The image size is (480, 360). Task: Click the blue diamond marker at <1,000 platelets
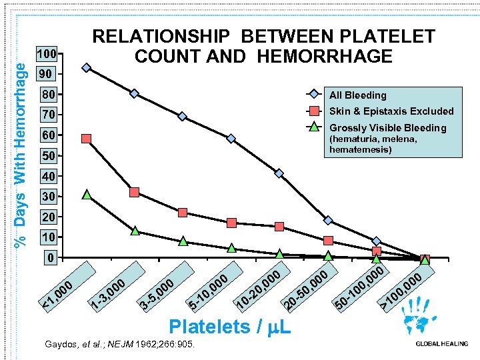[x=86, y=67]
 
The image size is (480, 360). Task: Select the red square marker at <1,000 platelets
[x=86, y=139]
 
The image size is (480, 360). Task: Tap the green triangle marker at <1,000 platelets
[x=86, y=195]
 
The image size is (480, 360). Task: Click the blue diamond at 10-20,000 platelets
[x=279, y=173]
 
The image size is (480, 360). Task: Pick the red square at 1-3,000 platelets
[x=135, y=192]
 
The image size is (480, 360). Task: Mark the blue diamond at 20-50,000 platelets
[x=328, y=220]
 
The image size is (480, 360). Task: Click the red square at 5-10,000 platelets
[x=231, y=223]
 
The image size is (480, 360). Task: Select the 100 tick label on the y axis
[x=46, y=53]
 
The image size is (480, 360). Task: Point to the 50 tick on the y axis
[x=46, y=156]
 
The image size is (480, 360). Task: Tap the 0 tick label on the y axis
[x=46, y=258]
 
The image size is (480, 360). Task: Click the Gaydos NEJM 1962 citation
[x=119, y=345]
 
